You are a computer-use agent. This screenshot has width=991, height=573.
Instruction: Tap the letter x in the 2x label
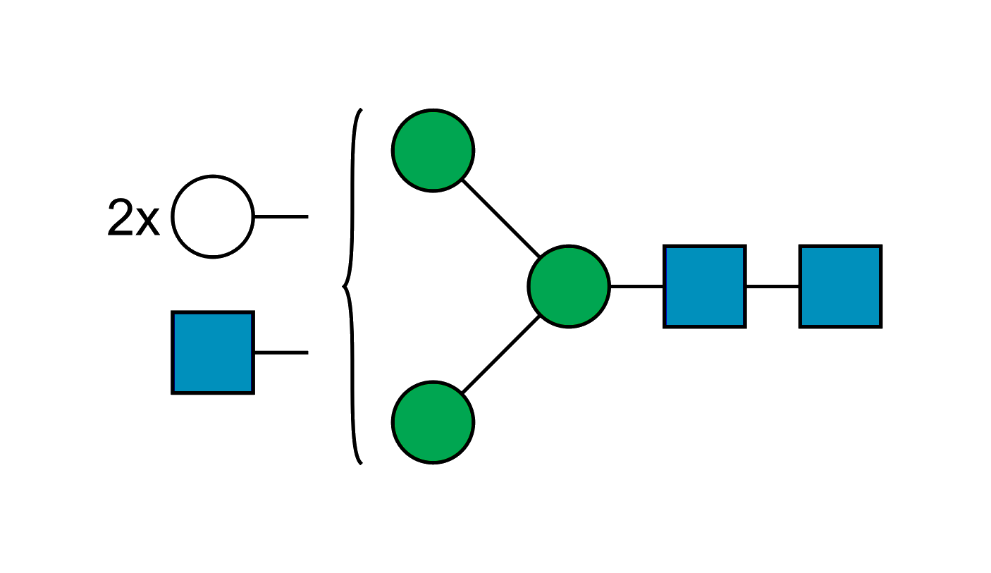(x=147, y=223)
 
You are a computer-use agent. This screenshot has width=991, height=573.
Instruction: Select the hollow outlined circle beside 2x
(x=212, y=217)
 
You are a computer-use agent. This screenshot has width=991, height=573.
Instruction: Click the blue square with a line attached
(x=212, y=352)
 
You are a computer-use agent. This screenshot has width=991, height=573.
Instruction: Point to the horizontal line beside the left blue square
(x=281, y=351)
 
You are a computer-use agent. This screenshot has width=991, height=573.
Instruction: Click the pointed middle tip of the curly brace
(x=343, y=286)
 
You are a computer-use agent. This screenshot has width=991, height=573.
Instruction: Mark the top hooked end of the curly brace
(x=359, y=111)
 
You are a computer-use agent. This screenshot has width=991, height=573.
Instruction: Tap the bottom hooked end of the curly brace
(x=359, y=463)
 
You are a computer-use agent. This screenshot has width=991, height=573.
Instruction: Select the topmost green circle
(x=433, y=150)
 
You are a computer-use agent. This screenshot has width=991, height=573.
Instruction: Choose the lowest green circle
(x=433, y=421)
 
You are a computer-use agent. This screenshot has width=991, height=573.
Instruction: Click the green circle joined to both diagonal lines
(x=568, y=286)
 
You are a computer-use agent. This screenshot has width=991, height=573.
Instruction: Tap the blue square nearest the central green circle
(x=705, y=286)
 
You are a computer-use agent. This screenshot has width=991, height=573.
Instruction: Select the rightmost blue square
(x=840, y=286)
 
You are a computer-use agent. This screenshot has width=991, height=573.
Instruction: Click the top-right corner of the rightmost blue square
(x=880, y=247)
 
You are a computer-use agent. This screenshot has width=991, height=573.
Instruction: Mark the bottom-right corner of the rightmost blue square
(x=880, y=326)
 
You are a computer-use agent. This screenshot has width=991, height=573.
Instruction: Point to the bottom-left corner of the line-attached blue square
(x=173, y=392)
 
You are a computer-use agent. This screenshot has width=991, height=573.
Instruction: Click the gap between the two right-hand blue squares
(x=773, y=286)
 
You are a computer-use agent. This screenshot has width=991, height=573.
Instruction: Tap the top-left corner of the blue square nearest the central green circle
(x=665, y=247)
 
